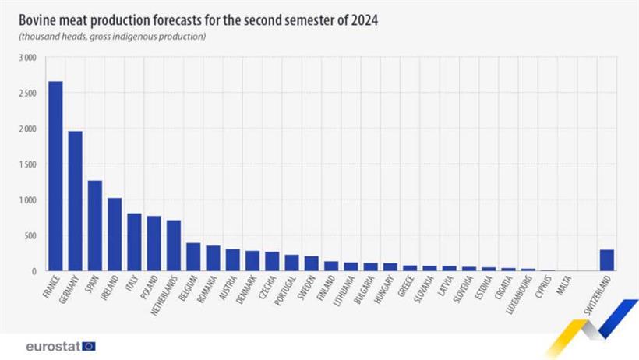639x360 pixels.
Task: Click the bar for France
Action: pos(55,176)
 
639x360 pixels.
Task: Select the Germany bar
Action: pos(75,201)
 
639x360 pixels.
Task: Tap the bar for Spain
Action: pos(95,226)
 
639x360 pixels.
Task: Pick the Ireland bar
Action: pos(115,235)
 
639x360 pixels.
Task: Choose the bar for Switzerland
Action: pos(606,260)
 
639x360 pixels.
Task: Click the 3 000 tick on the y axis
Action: pos(27,58)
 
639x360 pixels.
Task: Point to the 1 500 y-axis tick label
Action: pos(27,164)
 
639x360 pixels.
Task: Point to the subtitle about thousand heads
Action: pos(112,37)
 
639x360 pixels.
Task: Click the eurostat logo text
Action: pos(52,346)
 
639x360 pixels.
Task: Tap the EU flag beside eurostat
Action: pos(89,346)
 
